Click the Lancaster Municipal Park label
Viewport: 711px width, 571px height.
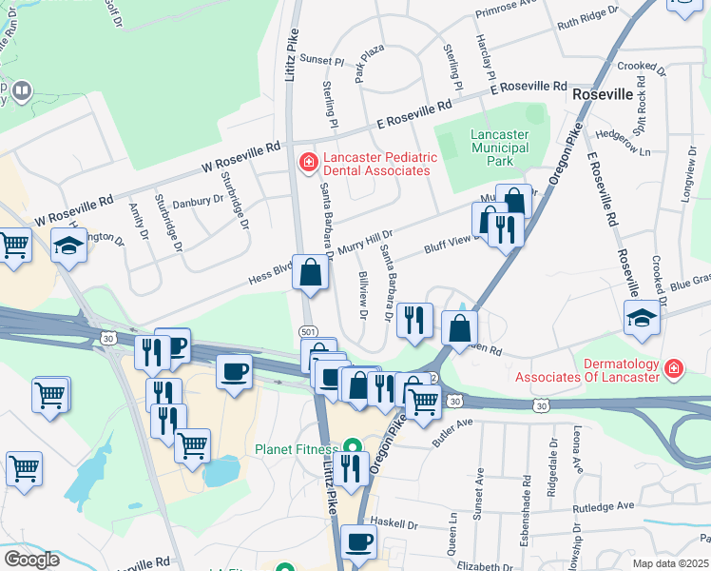[x=499, y=148]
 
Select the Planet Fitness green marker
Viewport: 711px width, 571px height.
[x=352, y=445]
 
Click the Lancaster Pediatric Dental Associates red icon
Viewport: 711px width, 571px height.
[x=307, y=164]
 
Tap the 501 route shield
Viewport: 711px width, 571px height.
[x=307, y=331]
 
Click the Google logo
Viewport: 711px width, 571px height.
[x=31, y=560]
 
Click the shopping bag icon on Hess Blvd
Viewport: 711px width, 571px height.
[x=311, y=274]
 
